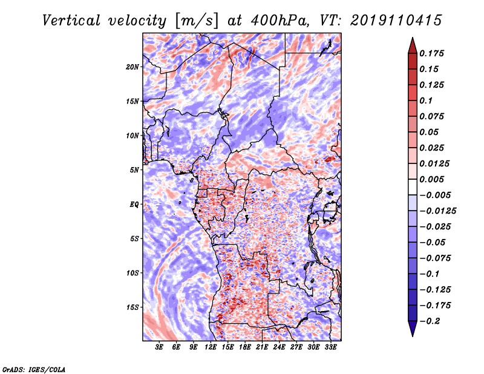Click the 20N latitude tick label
[132, 67]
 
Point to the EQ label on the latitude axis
[134, 205]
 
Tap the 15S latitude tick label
[132, 307]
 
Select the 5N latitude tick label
[134, 170]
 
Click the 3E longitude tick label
[159, 347]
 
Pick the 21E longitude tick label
[262, 347]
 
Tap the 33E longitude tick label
[330, 347]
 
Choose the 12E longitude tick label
[210, 347]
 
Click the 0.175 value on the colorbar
[431, 53]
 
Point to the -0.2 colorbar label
[430, 321]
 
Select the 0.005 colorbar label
[431, 179]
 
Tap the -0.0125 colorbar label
[437, 211]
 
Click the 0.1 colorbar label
[426, 100]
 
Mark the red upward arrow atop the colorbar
[413, 45]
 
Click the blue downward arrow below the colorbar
[413, 329]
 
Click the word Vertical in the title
[71, 21]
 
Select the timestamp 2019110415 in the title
[396, 21]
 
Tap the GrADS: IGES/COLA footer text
[34, 370]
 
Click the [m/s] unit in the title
[197, 21]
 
